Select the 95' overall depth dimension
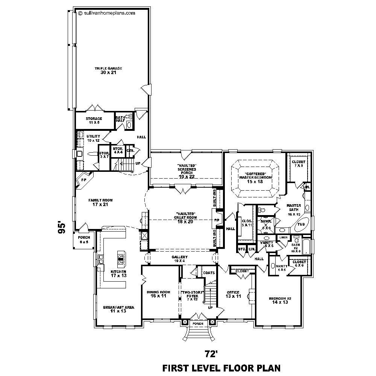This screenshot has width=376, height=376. pyautogui.click(x=62, y=227)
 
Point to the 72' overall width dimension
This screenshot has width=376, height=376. pyautogui.click(x=211, y=353)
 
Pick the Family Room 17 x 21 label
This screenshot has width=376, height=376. pyautogui.click(x=100, y=202)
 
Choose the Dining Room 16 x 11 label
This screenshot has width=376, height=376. pyautogui.click(x=158, y=294)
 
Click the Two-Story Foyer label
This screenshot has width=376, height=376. pyautogui.click(x=193, y=295)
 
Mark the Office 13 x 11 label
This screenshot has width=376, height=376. pyautogui.click(x=233, y=294)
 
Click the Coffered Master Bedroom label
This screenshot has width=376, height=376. pyautogui.click(x=255, y=176)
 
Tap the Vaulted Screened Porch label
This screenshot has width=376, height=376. pyautogui.click(x=187, y=171)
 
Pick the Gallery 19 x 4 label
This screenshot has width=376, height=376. pyautogui.click(x=180, y=259)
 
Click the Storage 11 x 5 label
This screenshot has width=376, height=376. pyautogui.click(x=94, y=120)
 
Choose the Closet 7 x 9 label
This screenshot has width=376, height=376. pyautogui.click(x=299, y=164)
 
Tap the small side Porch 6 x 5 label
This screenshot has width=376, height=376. pyautogui.click(x=83, y=240)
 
